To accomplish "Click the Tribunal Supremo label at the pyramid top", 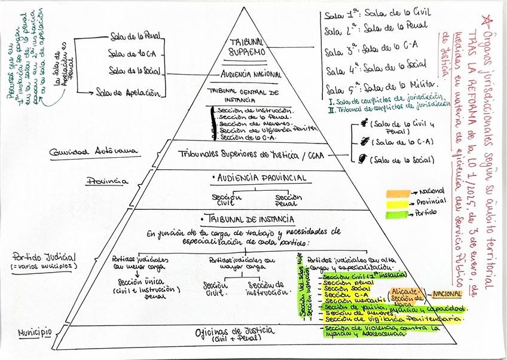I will (247, 47).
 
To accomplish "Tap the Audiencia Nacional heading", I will (252, 75).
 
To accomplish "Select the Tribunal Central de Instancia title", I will (243, 96).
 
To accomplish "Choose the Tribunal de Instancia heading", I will (251, 219).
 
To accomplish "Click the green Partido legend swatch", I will (396, 213).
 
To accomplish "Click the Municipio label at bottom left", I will (33, 332).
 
